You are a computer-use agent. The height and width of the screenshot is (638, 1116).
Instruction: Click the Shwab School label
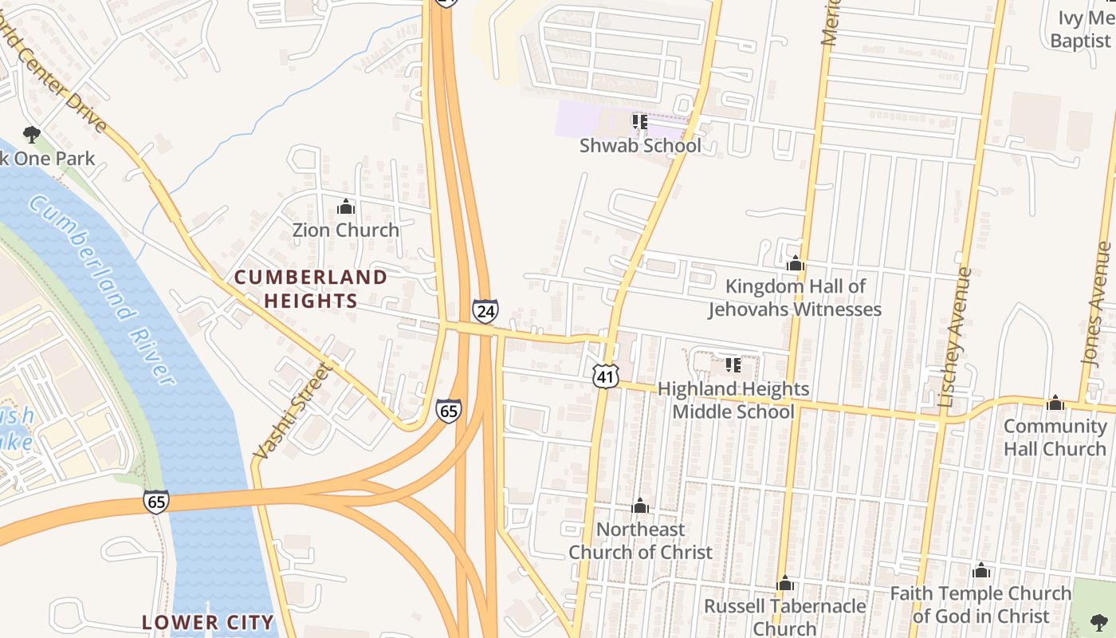click(640, 146)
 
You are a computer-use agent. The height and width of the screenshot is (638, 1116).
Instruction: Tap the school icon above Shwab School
click(639, 122)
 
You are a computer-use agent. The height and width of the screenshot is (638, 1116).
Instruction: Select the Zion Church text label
click(345, 230)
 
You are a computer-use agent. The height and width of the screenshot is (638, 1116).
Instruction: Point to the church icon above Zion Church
click(345, 207)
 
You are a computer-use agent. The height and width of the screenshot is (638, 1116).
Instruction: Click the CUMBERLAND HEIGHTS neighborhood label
click(310, 289)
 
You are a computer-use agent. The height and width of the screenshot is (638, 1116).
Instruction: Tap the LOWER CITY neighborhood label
click(207, 622)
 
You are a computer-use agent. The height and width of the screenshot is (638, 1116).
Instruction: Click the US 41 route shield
click(606, 376)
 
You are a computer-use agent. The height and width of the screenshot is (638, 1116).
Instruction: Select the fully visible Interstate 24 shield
click(485, 310)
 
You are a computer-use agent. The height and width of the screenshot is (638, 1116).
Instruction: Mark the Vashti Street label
click(291, 412)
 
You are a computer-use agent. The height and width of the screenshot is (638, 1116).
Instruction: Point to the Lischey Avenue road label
click(956, 337)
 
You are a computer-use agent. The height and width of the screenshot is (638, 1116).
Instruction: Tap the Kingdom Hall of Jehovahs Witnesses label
click(795, 297)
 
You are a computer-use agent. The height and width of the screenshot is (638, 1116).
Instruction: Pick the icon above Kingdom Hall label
click(795, 264)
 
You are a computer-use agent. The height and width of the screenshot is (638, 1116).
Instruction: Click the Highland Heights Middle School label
click(733, 400)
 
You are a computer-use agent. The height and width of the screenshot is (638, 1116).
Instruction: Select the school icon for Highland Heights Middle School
click(733, 366)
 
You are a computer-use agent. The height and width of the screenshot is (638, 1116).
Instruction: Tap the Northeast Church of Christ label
click(640, 541)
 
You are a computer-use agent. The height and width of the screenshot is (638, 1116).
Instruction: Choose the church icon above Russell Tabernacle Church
click(785, 584)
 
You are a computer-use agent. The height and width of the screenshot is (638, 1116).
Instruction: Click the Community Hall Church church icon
click(1055, 404)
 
